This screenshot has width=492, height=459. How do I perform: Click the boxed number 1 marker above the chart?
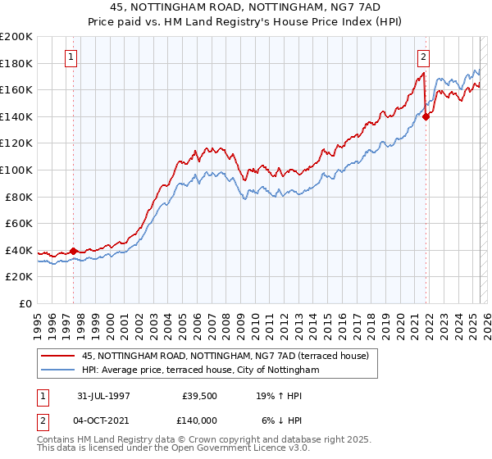(72, 57)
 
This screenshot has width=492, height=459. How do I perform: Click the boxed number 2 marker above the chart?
(423, 57)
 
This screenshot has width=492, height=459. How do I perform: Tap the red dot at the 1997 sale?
(74, 251)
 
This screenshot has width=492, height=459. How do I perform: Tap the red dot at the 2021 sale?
(426, 116)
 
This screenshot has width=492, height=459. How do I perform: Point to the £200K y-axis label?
(16, 37)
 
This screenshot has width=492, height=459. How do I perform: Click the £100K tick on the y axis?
(16, 170)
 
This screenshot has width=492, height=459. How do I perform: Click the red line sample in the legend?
(57, 357)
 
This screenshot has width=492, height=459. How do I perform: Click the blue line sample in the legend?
(57, 370)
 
